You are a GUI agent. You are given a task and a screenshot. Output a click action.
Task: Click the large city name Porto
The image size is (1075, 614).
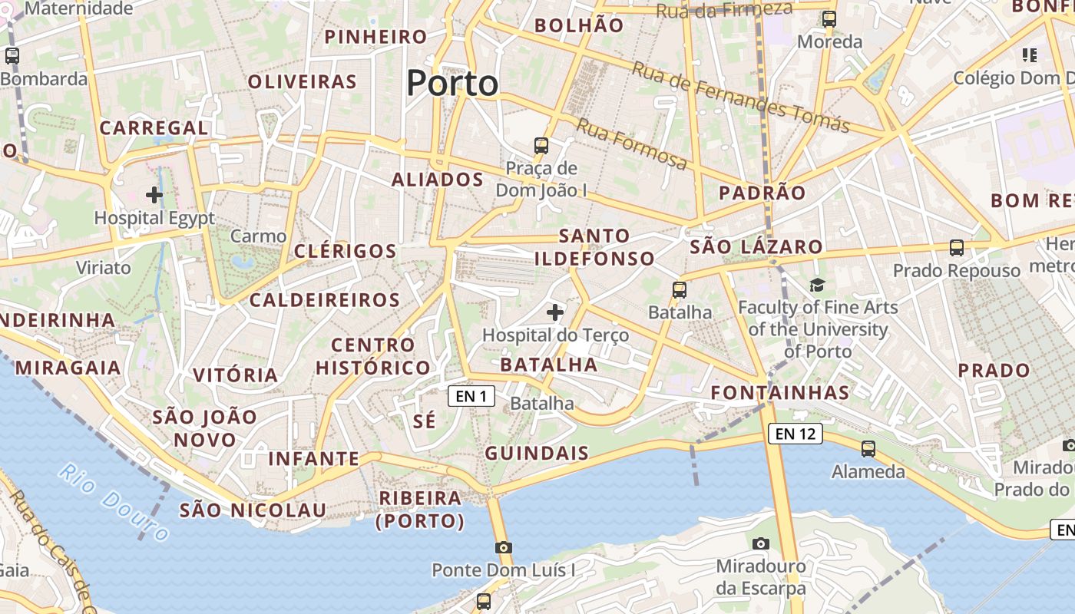452,83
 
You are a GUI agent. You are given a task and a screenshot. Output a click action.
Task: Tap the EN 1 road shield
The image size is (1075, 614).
471,396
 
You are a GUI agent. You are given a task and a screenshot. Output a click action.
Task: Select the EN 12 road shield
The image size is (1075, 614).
795,434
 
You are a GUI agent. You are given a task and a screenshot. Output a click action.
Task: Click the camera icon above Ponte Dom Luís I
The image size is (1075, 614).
504,547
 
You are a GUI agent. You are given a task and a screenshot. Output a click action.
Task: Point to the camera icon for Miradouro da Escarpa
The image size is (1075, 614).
760,543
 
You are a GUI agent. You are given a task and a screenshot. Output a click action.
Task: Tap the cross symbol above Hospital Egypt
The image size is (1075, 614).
154,195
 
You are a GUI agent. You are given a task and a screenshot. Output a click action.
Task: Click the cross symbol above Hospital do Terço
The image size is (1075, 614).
554,312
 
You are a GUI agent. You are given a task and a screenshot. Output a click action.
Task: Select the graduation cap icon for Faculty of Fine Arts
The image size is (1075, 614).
817,286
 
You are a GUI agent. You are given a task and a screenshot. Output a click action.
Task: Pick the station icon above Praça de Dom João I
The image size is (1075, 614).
541,145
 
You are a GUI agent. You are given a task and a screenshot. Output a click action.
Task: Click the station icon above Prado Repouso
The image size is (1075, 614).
956,248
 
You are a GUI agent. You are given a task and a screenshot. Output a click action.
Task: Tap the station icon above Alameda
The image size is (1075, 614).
868,448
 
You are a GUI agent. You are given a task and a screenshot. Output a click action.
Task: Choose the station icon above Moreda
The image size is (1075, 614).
829,19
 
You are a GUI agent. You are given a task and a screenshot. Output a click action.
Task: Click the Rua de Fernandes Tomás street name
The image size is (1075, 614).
740,97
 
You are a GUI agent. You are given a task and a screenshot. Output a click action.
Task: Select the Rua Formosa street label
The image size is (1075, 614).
632,144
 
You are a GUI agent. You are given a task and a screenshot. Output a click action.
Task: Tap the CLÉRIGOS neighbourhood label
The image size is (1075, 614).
346,251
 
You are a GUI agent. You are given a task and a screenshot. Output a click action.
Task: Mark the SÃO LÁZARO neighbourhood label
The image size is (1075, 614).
756,247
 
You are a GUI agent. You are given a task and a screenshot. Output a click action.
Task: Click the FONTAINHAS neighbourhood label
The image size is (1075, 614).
779,393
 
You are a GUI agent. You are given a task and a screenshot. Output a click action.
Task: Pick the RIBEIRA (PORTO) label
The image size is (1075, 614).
420,510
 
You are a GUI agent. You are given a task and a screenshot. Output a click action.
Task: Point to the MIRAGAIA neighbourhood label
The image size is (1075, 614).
68,368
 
